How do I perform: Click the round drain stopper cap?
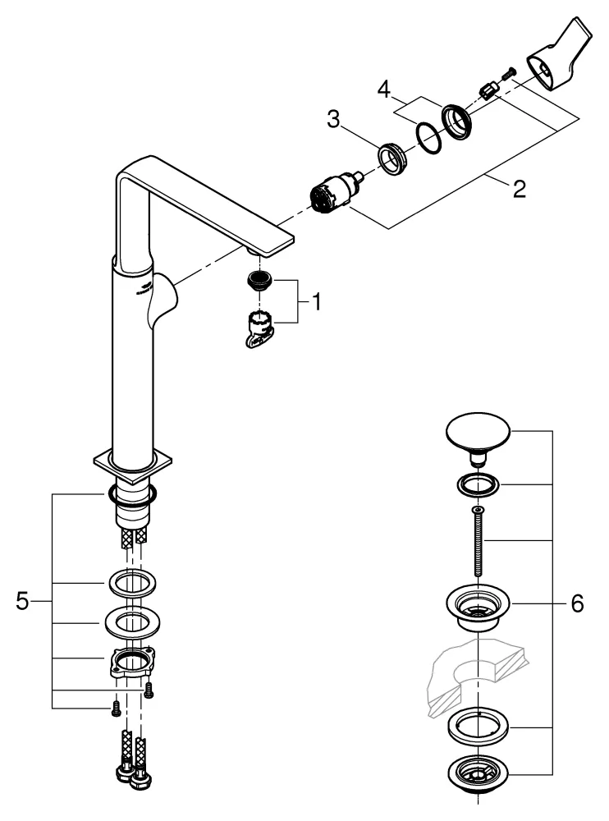pyautogui.click(x=477, y=431)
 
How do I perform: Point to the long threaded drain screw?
pyautogui.click(x=476, y=543)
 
